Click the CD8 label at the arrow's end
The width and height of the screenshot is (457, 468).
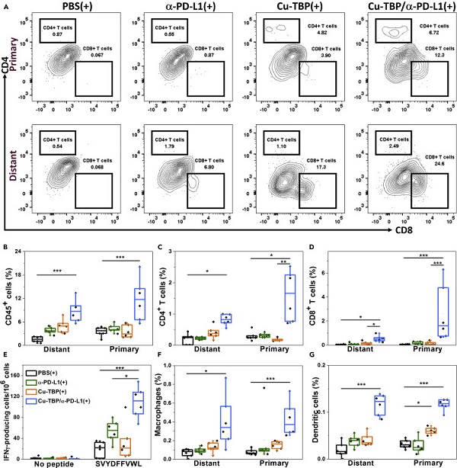point(439,228)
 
